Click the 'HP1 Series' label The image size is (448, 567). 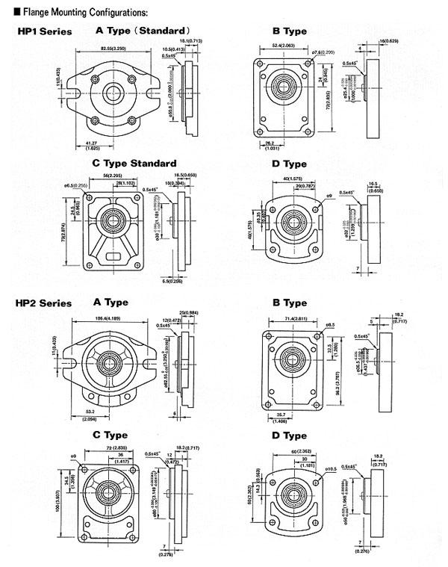[45, 31]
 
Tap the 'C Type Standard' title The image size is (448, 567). [134, 163]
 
